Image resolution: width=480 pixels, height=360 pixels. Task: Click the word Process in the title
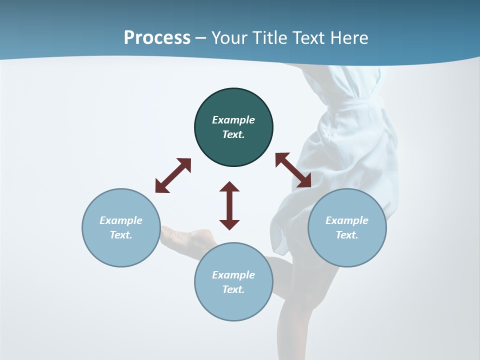click(x=157, y=37)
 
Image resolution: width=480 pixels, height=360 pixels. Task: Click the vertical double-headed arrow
click(x=229, y=205)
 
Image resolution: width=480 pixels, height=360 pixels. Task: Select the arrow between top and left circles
click(x=173, y=175)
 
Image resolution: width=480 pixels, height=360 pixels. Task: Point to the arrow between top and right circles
click(x=293, y=170)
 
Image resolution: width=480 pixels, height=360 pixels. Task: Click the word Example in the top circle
click(x=233, y=120)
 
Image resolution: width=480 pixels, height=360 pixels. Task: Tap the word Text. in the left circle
click(x=121, y=235)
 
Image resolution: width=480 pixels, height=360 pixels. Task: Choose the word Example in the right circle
click(x=347, y=220)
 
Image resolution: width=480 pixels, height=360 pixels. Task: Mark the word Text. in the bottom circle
click(x=233, y=289)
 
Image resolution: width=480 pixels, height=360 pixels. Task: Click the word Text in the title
click(x=309, y=37)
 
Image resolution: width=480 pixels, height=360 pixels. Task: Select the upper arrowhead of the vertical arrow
click(x=229, y=187)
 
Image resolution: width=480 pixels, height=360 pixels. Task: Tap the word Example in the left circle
click(x=121, y=220)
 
